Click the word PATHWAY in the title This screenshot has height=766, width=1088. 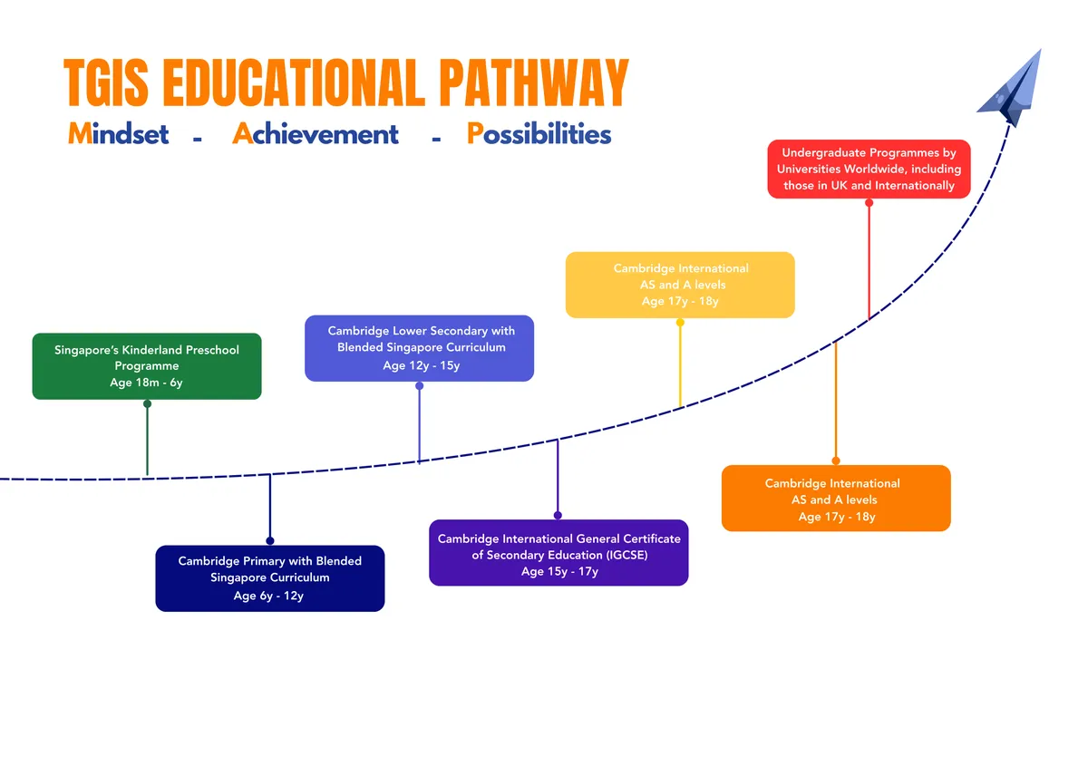[x=534, y=82]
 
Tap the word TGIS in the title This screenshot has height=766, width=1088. [x=106, y=82]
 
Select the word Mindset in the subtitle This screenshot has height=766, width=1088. [x=119, y=133]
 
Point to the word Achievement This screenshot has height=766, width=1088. [x=316, y=133]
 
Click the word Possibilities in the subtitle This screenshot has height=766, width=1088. [x=539, y=133]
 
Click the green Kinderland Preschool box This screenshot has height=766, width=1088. [x=147, y=366]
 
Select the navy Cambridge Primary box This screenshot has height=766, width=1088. [x=270, y=578]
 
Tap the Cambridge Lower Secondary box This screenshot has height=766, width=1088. [x=420, y=348]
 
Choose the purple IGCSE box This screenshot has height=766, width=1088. [x=559, y=553]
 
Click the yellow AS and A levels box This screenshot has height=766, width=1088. [x=680, y=285]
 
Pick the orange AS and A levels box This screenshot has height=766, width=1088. [x=836, y=499]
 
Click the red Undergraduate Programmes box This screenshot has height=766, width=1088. [x=869, y=169]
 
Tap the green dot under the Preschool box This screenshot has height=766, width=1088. [x=147, y=403]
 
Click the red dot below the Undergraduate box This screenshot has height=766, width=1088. [x=869, y=202]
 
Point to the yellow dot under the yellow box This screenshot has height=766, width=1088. [x=680, y=322]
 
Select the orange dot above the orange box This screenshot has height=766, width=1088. [x=836, y=461]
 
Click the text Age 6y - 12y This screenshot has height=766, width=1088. [x=268, y=596]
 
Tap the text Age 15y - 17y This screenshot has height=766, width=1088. [x=559, y=571]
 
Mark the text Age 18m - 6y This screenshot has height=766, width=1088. [x=146, y=383]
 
